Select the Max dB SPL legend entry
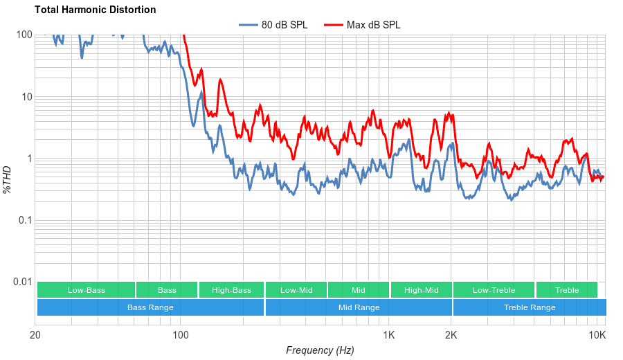click(x=373, y=25)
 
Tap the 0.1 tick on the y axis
click(x=25, y=220)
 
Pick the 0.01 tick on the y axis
click(x=23, y=282)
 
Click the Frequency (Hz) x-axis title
click(x=320, y=350)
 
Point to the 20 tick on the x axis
click(x=35, y=336)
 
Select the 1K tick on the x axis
click(x=389, y=336)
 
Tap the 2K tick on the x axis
click(x=451, y=336)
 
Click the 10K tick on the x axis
click(x=597, y=336)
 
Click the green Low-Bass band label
click(x=87, y=290)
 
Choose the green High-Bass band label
click(x=231, y=290)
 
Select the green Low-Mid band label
click(x=296, y=290)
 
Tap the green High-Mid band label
click(x=421, y=290)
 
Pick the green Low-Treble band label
click(x=494, y=290)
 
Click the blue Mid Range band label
click(x=359, y=307)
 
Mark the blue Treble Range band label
click(x=530, y=307)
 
